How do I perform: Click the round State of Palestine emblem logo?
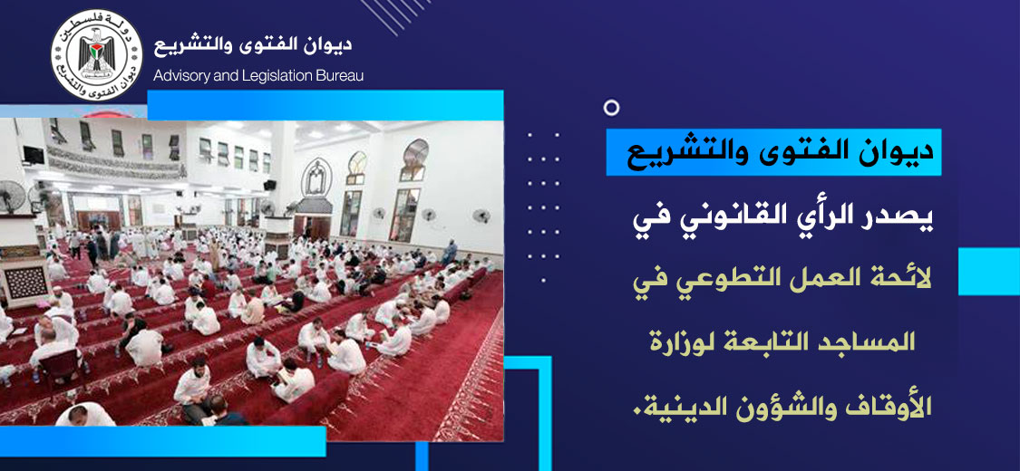pos(96,55)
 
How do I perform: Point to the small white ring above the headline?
pos(611,108)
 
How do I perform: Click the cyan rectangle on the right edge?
pos(989,272)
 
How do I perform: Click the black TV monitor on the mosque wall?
pos(34,155)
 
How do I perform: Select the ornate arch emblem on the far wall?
pos(316,177)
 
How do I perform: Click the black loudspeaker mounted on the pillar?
pos(269,185)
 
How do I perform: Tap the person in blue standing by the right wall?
pos(450,252)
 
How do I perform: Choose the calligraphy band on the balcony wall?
pos(116,162)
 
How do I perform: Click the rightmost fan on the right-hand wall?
pos(481,216)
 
